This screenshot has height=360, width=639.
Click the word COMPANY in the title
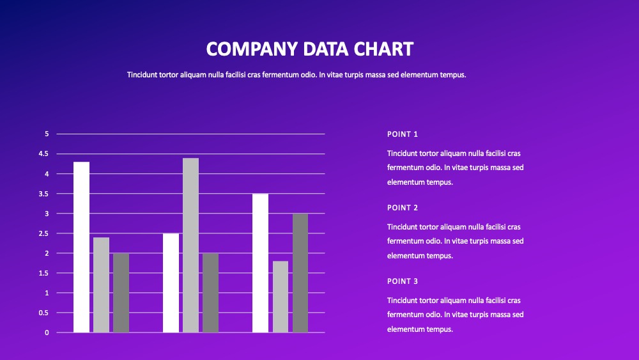point(252,49)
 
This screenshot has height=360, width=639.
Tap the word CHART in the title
point(383,49)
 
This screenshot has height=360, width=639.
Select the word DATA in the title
point(326,49)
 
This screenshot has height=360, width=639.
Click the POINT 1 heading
point(402,134)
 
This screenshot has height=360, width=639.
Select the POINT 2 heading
point(402,208)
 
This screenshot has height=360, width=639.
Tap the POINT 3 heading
point(402,281)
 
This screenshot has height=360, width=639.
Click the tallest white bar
point(82,247)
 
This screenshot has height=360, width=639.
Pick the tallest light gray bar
point(190,245)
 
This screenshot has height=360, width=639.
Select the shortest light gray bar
point(281,297)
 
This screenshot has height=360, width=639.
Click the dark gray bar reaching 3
point(300,273)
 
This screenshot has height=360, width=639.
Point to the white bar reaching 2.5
point(171,283)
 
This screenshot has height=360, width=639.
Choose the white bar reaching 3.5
point(261,263)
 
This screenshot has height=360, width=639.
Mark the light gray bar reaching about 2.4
point(101,285)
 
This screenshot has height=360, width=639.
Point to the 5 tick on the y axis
point(47,134)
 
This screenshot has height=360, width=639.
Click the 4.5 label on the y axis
point(43,153)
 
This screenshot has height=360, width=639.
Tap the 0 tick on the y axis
point(47,333)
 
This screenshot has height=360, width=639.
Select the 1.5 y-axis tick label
point(43,273)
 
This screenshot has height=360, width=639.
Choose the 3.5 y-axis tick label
point(43,194)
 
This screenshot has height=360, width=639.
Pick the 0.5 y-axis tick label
point(43,313)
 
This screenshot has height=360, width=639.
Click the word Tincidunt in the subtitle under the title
point(142,75)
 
